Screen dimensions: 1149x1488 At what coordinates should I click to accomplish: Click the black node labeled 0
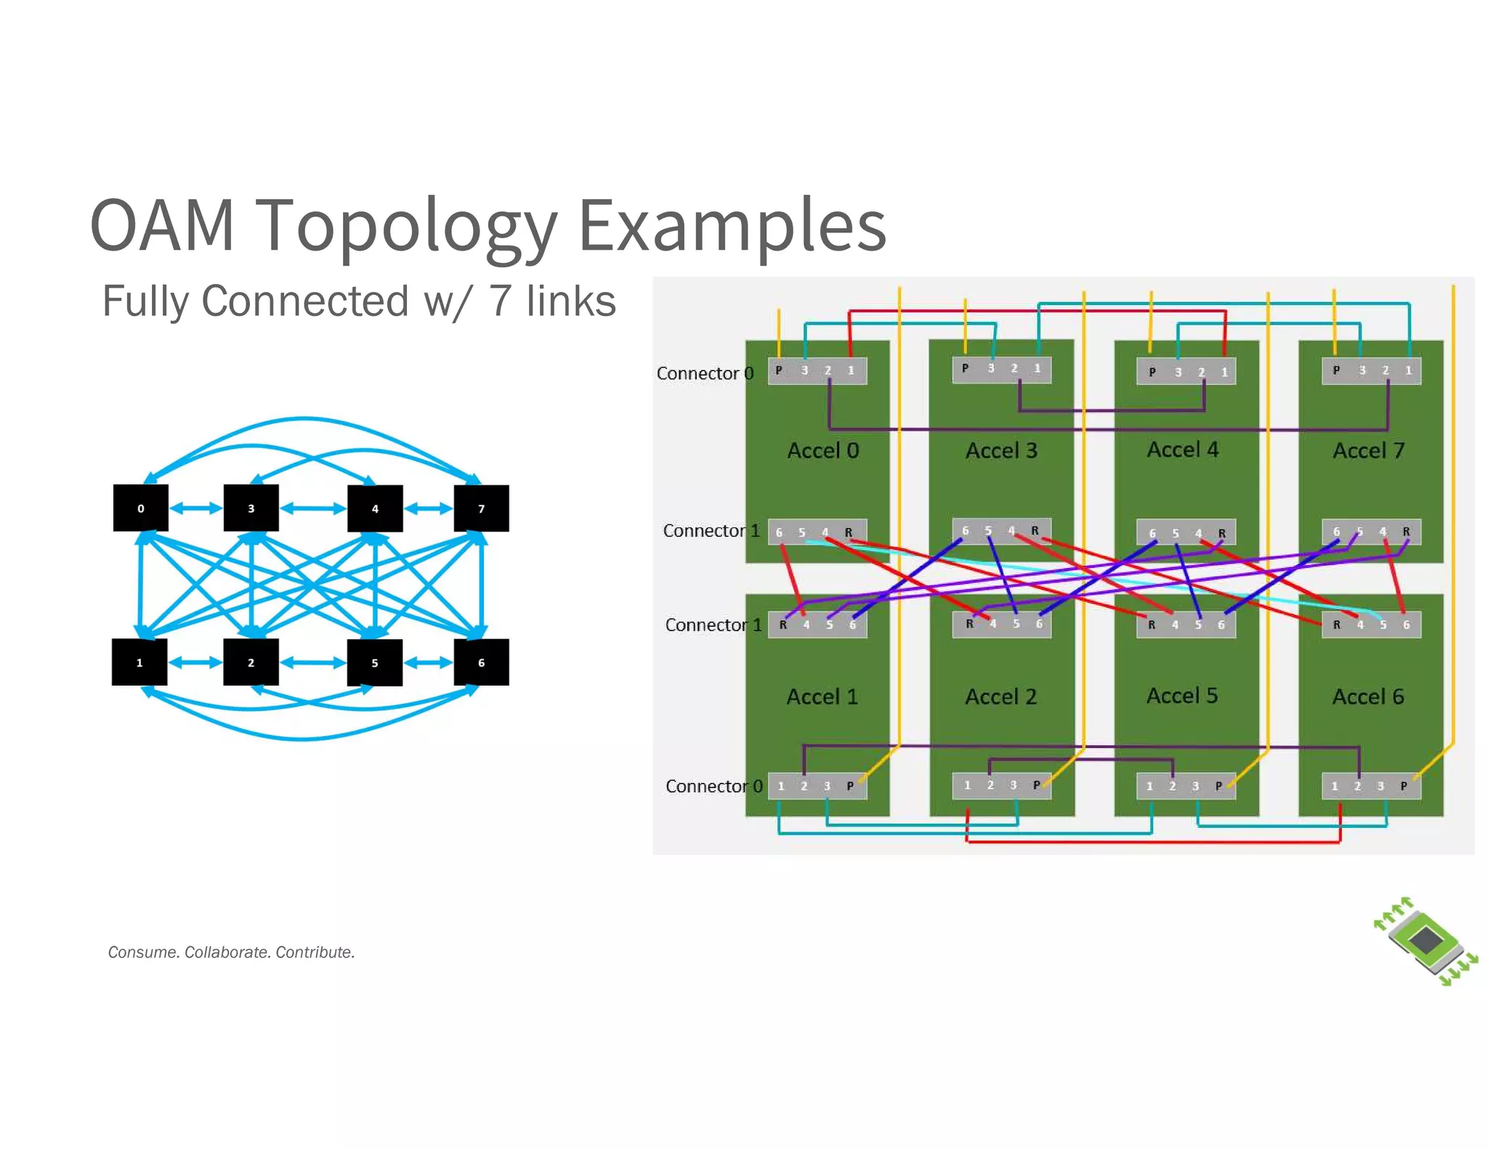(x=140, y=508)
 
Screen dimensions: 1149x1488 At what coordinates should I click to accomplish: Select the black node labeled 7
(x=481, y=508)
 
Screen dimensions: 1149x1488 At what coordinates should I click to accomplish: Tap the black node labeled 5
(x=374, y=662)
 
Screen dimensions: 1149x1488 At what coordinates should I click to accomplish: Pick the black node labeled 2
(x=251, y=662)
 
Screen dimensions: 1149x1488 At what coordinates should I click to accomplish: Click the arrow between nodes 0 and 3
(x=195, y=508)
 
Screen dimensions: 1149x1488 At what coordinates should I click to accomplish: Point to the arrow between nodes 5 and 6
(x=428, y=662)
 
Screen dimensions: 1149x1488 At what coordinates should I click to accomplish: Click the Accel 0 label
(x=823, y=450)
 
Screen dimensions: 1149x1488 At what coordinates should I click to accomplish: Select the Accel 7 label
(x=1368, y=450)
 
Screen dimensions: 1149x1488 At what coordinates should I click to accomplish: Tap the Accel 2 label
(x=1000, y=697)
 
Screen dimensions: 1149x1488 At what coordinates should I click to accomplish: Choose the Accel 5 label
(x=1182, y=695)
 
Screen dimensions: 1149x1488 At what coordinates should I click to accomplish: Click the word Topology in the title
(x=407, y=225)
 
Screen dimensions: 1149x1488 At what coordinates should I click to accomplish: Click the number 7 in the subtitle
(x=500, y=301)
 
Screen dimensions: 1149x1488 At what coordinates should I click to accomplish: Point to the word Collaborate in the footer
(x=227, y=952)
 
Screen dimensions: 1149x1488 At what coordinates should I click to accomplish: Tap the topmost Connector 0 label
(x=704, y=373)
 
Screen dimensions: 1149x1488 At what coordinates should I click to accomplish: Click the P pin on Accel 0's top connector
(x=778, y=370)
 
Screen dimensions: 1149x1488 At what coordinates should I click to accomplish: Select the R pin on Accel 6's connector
(x=1336, y=625)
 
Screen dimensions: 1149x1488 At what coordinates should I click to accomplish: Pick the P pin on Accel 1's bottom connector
(x=849, y=786)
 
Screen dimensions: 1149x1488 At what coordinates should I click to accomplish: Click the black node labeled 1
(x=139, y=662)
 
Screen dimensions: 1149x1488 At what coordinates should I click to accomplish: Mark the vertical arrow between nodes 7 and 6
(x=482, y=585)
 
